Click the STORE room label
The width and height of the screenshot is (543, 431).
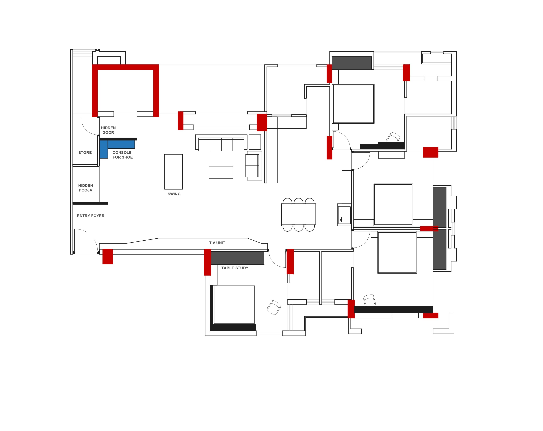tap(85, 153)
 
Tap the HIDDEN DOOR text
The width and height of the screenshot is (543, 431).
tap(108, 130)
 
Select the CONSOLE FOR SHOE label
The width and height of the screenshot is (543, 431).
tap(122, 155)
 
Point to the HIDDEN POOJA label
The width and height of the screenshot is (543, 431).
tap(85, 188)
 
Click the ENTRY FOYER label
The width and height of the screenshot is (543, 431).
tap(91, 216)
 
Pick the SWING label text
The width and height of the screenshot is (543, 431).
tap(174, 194)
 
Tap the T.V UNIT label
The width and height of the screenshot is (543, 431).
tap(217, 243)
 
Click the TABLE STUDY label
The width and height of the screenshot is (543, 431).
tap(235, 268)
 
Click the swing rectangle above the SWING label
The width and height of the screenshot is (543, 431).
tap(174, 172)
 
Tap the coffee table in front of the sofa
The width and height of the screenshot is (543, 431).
tap(221, 173)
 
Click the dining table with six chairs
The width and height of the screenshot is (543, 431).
tap(298, 214)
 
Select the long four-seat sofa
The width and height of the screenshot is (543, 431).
tap(221, 144)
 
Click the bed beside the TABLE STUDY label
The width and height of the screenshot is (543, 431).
tap(234, 305)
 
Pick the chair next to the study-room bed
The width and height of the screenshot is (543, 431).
tap(274, 307)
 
